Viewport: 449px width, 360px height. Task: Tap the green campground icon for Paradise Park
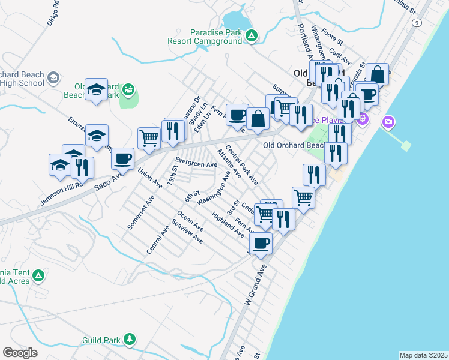(253, 37)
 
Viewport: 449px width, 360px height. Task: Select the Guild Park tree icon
(129, 340)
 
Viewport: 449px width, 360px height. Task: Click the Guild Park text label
(101, 341)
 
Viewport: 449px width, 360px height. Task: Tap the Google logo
(20, 353)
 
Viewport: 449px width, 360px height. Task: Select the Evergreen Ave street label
(196, 163)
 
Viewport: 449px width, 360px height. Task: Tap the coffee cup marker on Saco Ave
(123, 159)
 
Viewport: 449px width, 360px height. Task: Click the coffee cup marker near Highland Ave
(261, 243)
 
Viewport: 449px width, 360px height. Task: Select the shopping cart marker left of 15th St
(149, 138)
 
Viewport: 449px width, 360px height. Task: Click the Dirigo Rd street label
(53, 12)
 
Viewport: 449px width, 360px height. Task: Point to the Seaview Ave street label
(187, 231)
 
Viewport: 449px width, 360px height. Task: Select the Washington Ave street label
(214, 188)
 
